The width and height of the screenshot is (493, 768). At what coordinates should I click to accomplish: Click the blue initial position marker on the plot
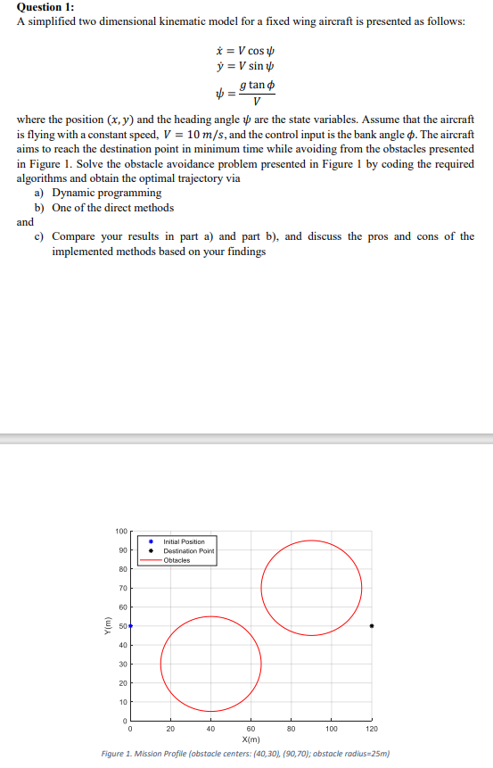tap(130, 626)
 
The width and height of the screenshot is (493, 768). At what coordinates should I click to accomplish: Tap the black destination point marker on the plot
tap(372, 626)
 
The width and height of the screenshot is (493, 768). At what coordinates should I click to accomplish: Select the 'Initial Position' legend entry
tap(184, 541)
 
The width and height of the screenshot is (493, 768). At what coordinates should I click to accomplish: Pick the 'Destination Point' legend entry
tap(189, 551)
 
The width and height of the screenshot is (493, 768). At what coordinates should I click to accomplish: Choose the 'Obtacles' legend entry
tap(177, 560)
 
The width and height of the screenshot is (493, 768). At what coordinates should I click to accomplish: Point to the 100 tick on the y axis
tap(121, 532)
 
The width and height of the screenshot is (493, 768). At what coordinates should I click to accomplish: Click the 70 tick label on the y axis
tap(123, 589)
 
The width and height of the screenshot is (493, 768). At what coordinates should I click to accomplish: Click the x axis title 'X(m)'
tap(251, 739)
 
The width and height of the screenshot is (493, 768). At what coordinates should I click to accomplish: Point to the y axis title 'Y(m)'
tap(106, 626)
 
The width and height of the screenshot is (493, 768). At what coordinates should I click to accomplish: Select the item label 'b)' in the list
tap(40, 207)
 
